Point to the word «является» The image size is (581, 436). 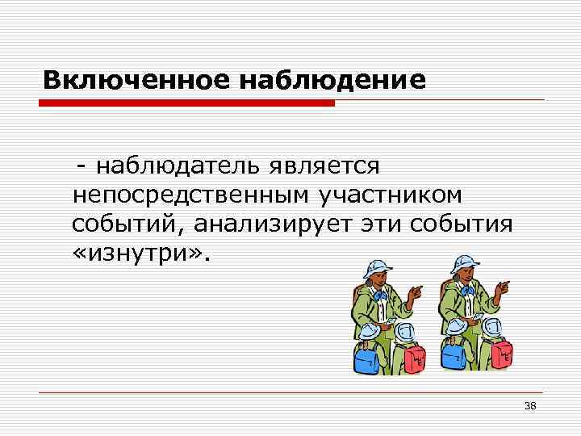pyautogui.click(x=328, y=166)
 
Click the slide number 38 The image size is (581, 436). pyautogui.click(x=530, y=405)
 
